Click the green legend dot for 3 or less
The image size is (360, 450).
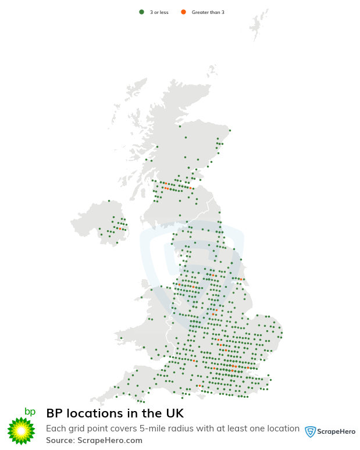pyautogui.click(x=141, y=12)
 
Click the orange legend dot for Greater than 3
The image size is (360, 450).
pyautogui.click(x=183, y=12)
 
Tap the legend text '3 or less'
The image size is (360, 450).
pyautogui.click(x=159, y=12)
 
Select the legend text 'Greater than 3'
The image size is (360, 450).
pyautogui.click(x=208, y=12)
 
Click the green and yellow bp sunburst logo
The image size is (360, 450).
pyautogui.click(x=22, y=431)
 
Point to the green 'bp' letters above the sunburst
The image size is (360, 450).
pyautogui.click(x=30, y=412)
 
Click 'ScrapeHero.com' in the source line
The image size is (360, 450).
pyautogui.click(x=110, y=440)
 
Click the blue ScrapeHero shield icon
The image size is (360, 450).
pyautogui.click(x=311, y=431)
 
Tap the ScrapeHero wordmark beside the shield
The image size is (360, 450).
pyautogui.click(x=337, y=431)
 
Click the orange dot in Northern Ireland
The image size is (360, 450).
pyautogui.click(x=120, y=229)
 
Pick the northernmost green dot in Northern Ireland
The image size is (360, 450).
pyautogui.click(x=109, y=201)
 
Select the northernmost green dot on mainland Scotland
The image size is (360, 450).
pyautogui.click(x=180, y=126)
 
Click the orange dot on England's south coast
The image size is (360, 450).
pyautogui.click(x=199, y=385)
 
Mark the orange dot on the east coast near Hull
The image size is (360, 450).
pyautogui.click(x=240, y=279)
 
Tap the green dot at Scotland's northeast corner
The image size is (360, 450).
pyautogui.click(x=230, y=130)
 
